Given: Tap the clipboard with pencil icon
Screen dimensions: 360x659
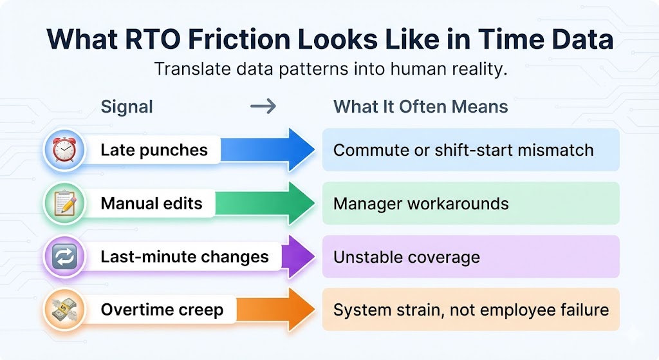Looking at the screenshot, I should coord(65,204).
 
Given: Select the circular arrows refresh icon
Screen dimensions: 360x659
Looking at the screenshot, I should coord(65,258).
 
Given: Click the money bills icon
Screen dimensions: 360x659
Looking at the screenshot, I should coord(65,310).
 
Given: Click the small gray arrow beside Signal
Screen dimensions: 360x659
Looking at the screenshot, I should coord(263,106).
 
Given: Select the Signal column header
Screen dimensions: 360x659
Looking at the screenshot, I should coord(127,106).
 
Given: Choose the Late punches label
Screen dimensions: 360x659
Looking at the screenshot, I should coord(154,151).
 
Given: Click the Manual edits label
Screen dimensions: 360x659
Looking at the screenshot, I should coord(151,204).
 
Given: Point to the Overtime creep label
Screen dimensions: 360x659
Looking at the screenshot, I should coord(162,310).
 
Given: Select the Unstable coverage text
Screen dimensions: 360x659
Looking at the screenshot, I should coord(406,258).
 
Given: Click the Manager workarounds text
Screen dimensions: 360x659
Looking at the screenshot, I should coord(421,204).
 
